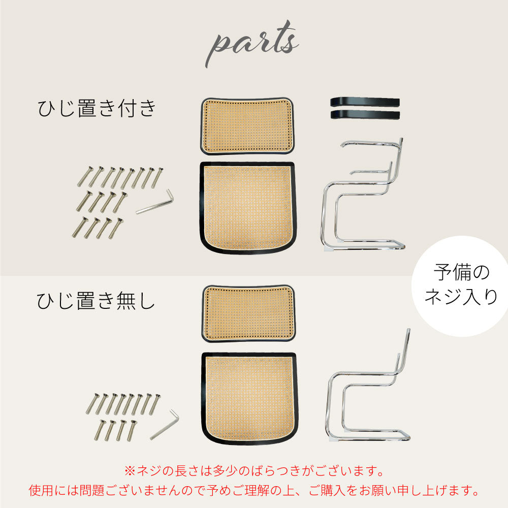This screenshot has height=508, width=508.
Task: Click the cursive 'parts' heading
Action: [252, 43]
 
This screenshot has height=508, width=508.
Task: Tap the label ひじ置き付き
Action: [97, 108]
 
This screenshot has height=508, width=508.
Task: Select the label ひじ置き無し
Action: [96, 301]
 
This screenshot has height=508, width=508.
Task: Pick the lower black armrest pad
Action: [365, 114]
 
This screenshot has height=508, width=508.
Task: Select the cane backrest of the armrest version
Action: [247, 125]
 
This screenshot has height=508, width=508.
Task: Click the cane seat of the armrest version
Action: [248, 208]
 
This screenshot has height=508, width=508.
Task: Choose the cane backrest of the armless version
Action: [248, 313]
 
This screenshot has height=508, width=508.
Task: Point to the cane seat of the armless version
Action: [249, 398]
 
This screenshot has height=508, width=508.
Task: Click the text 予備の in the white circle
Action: [461, 272]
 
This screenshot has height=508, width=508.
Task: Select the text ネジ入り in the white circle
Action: [461, 297]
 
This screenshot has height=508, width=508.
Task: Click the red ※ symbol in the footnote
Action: [130, 471]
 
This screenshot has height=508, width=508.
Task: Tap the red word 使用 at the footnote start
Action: [41, 490]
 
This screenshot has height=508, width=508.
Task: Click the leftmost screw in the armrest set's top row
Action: [85, 177]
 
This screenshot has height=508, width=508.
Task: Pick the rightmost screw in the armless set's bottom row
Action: [132, 431]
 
